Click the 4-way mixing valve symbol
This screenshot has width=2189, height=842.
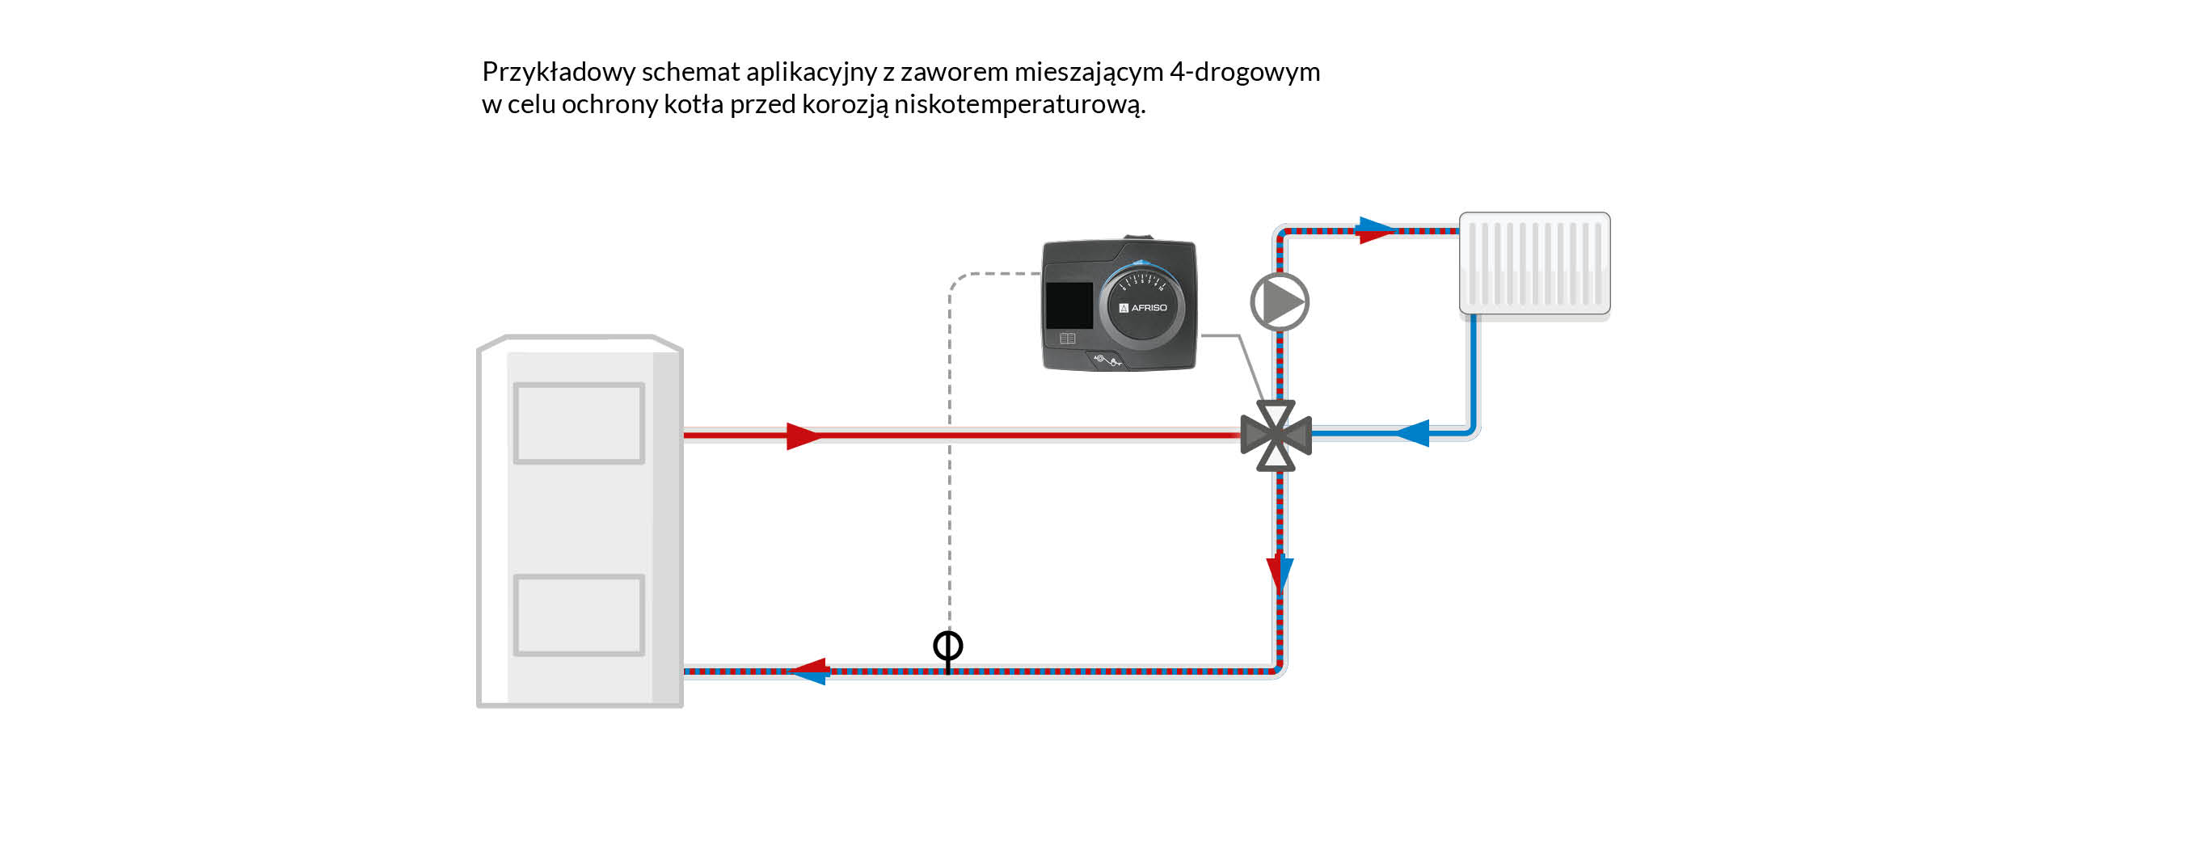pos(1276,436)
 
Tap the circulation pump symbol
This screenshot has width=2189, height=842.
pos(1279,301)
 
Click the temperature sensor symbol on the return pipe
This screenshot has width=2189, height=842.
pos(947,647)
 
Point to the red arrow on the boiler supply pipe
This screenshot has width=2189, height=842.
pos(802,436)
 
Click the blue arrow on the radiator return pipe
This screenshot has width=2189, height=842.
pos(1412,432)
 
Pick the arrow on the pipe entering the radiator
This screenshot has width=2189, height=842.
pos(1374,229)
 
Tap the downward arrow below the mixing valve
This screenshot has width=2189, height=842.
pos(1279,573)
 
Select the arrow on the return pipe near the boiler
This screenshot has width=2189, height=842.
pos(810,671)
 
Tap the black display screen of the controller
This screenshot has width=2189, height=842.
pos(1068,305)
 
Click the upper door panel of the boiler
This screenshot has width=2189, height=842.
pos(579,423)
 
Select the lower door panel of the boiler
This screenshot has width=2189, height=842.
pos(579,615)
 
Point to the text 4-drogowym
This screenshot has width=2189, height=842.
pos(1244,72)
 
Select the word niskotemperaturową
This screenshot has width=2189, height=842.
pos(1019,104)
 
